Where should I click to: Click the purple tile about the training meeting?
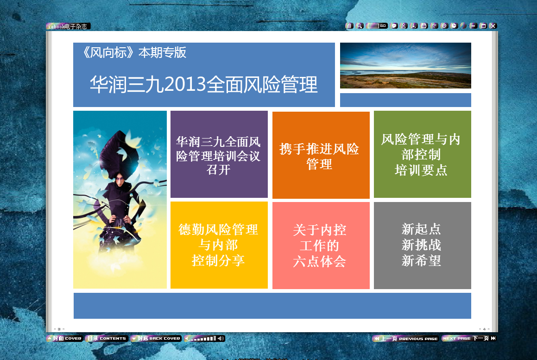point(219,154)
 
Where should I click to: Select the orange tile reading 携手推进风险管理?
point(321,155)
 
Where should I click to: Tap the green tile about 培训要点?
point(422,154)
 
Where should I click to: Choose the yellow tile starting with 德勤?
point(219,245)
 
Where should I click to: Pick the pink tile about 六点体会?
point(321,245)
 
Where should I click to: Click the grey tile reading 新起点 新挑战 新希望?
point(422,245)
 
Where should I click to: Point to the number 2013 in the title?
point(185,85)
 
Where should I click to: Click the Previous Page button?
point(405,338)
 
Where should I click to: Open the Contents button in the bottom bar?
point(107,338)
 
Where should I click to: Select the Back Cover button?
point(156,338)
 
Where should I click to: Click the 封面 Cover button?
point(64,338)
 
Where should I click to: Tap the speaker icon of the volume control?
point(221,338)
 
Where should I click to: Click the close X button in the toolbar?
point(493,25)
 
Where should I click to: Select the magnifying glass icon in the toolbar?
point(359,25)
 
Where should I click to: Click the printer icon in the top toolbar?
point(424,25)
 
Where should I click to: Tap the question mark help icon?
point(434,25)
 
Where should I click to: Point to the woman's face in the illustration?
point(120,179)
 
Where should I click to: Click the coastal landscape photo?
point(405,65)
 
